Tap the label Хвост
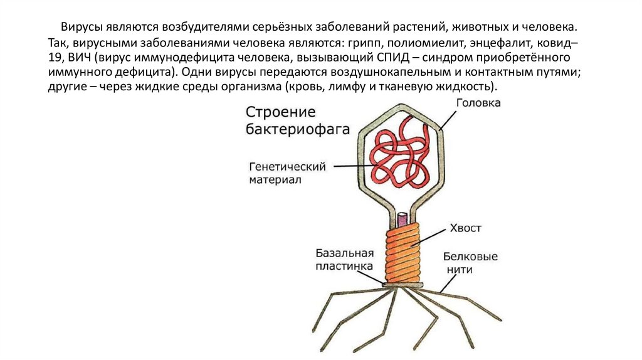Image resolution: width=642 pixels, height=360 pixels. click(x=465, y=228)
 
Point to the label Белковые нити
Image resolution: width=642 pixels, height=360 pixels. click(x=470, y=263)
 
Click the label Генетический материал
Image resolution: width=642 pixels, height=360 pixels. click(x=280, y=174)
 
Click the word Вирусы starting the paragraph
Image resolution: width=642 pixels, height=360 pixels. click(x=83, y=29)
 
